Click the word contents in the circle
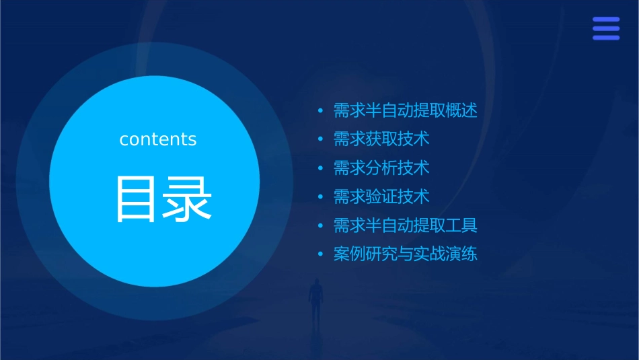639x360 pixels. pos(158,139)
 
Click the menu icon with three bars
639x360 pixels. pos(606,29)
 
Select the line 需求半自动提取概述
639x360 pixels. pos(405,110)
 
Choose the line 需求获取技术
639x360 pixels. pos(381,139)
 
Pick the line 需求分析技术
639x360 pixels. pos(381,168)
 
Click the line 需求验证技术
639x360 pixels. pos(381,197)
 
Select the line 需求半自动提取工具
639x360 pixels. pos(405,225)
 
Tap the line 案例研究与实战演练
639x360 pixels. pos(405,254)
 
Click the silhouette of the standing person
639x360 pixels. pos(315,300)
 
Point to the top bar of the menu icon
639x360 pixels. pos(606,20)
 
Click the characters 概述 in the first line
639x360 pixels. pos(463,110)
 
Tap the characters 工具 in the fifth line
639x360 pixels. pos(463,225)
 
